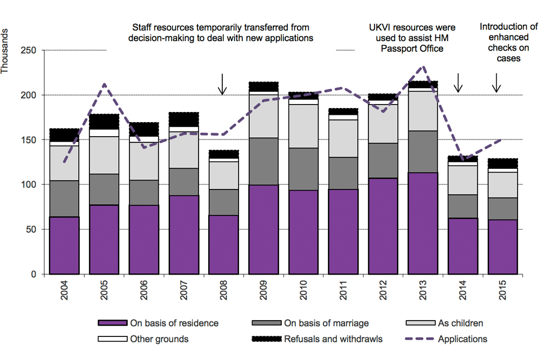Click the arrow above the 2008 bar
pyautogui.click(x=223, y=84)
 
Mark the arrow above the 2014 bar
pyautogui.click(x=458, y=83)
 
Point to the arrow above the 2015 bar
pyautogui.click(x=496, y=83)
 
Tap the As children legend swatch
pyautogui.click(x=421, y=323)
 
